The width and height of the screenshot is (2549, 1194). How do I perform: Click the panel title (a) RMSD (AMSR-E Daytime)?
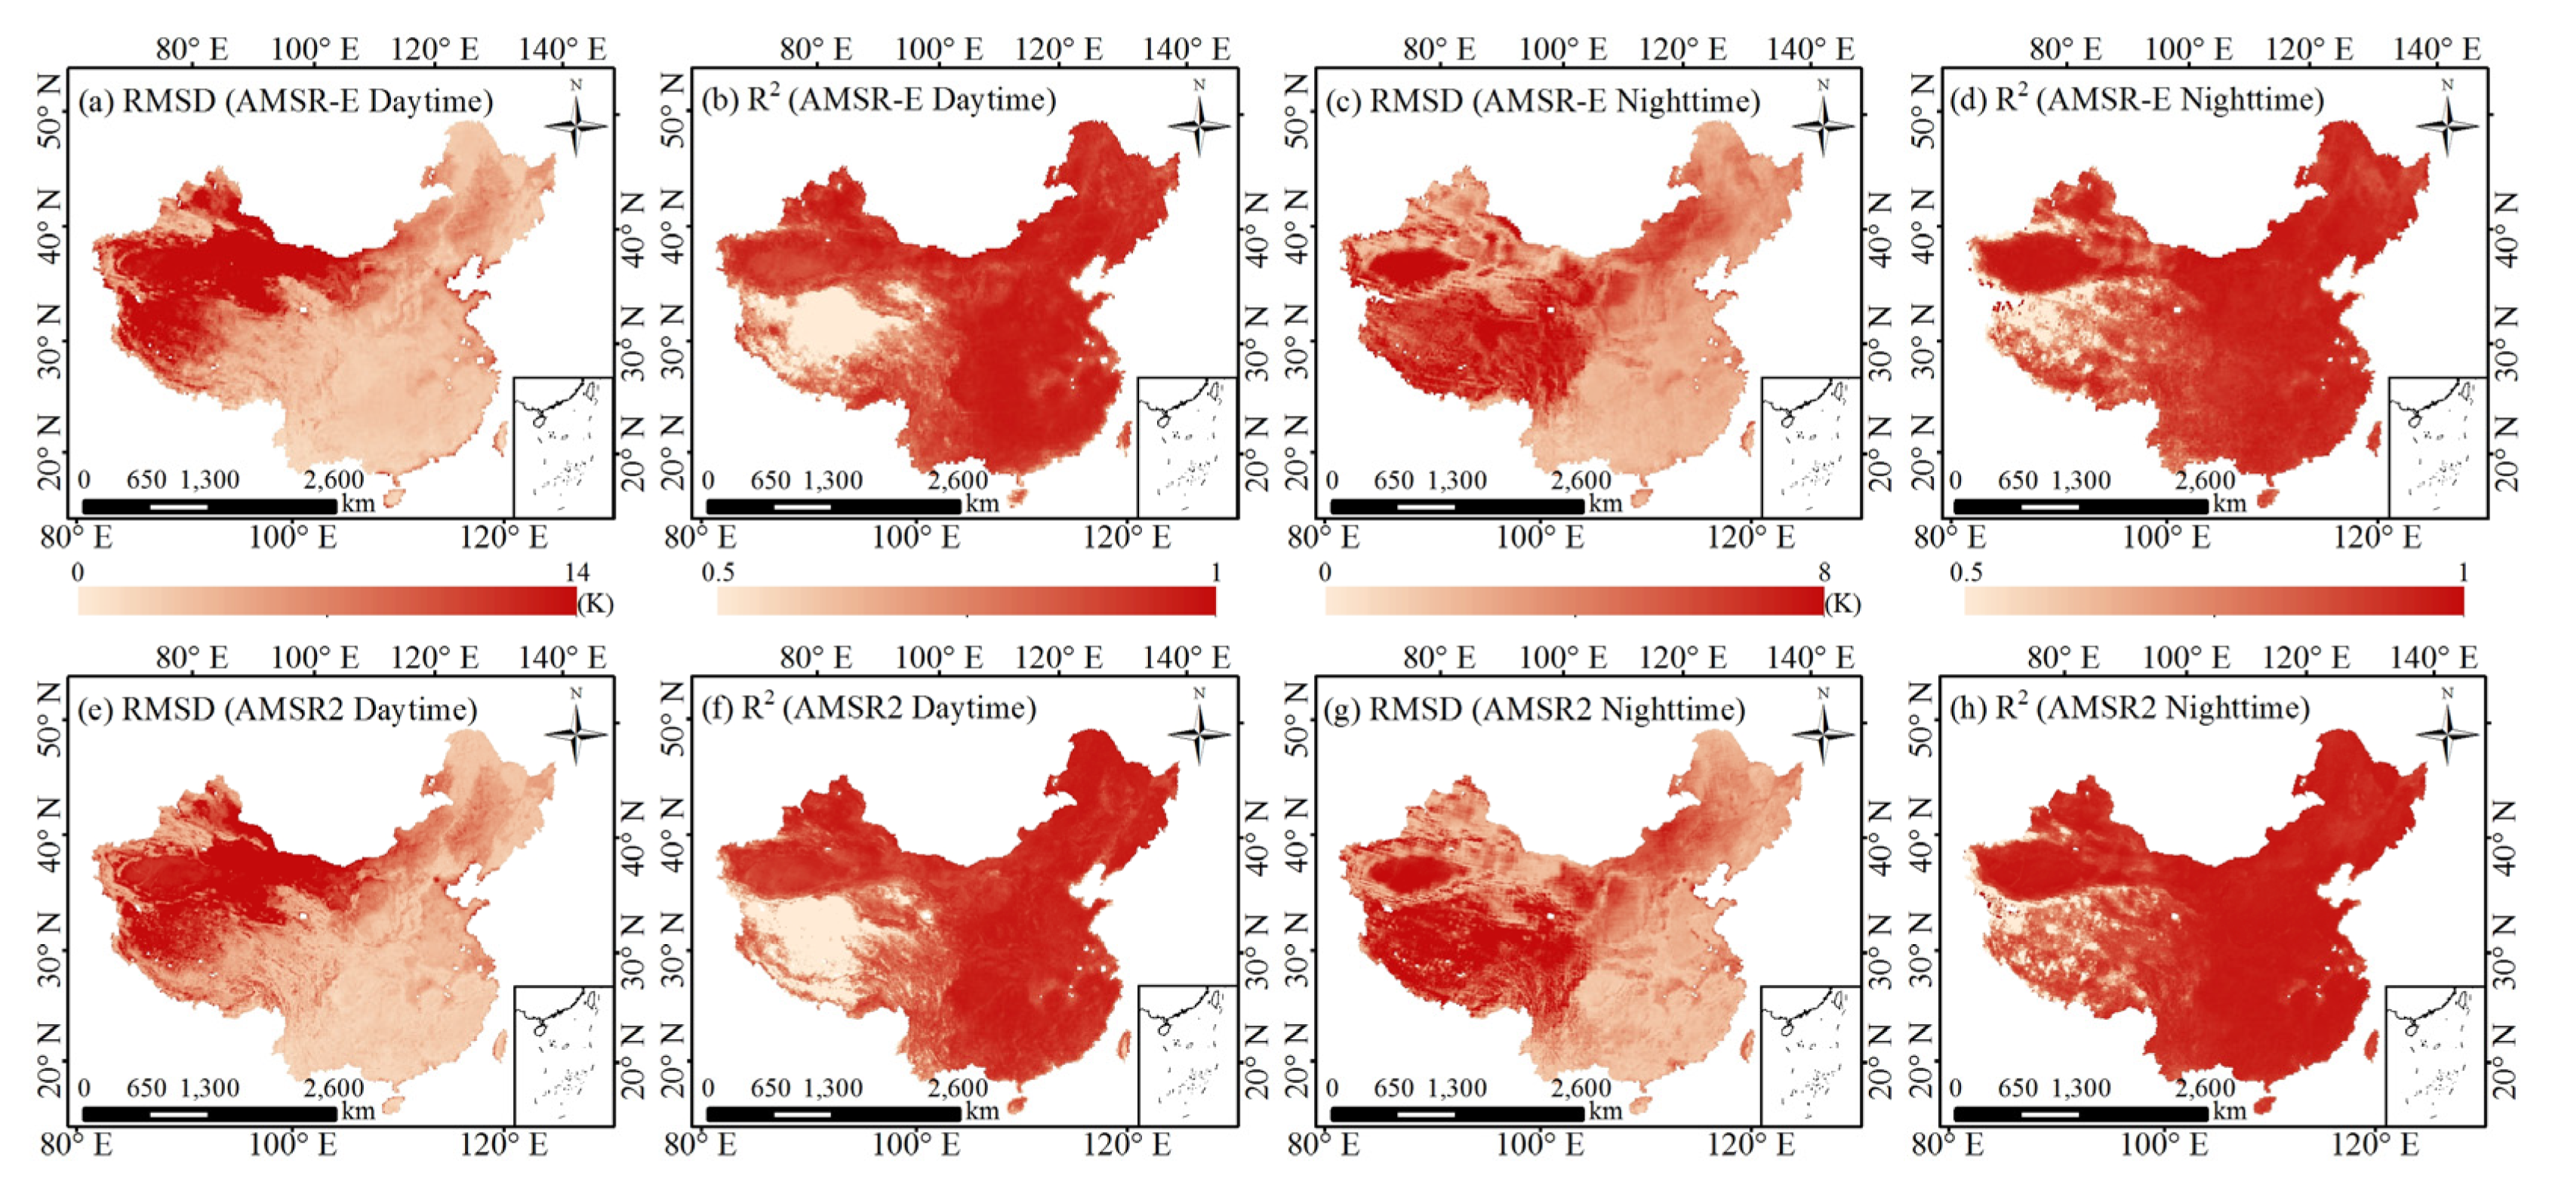click(285, 102)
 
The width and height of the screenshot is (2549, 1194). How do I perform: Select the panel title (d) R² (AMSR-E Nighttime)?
click(2136, 100)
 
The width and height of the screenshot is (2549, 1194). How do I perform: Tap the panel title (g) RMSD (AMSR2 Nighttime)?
click(1534, 709)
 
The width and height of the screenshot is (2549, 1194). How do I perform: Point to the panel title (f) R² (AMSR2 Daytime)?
click(869, 708)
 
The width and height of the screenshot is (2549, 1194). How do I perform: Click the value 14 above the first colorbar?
click(576, 573)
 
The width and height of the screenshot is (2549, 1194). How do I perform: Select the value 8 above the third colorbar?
click(1824, 573)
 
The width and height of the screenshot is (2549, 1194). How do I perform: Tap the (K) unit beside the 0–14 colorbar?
click(595, 604)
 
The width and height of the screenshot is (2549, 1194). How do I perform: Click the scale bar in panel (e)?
click(209, 1114)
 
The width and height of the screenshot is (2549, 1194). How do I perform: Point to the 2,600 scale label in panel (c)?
click(1581, 481)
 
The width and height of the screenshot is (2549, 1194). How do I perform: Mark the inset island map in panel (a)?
click(563, 446)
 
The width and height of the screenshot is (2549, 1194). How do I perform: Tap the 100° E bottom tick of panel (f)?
click(916, 1146)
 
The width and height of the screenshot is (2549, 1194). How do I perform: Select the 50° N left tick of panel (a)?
click(50, 125)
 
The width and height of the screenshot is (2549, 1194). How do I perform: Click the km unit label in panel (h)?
click(2230, 1111)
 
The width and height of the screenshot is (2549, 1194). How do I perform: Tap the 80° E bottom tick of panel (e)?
click(76, 1146)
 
